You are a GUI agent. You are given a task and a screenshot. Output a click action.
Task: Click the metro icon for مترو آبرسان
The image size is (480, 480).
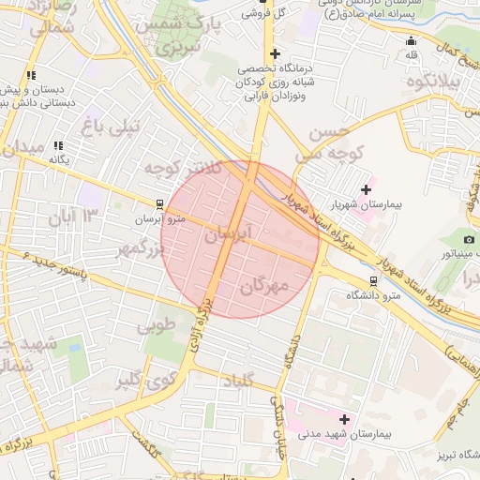160,203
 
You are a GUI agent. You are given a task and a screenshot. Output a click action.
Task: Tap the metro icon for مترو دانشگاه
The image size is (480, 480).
374,279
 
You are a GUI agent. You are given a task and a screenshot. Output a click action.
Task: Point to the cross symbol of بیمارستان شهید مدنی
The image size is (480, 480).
344,419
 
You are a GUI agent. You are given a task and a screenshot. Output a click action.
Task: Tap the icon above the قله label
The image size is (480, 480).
411,40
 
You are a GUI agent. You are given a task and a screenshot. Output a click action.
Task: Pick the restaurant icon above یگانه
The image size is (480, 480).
59,145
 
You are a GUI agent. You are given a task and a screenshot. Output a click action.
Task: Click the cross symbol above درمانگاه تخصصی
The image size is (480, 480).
274,53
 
